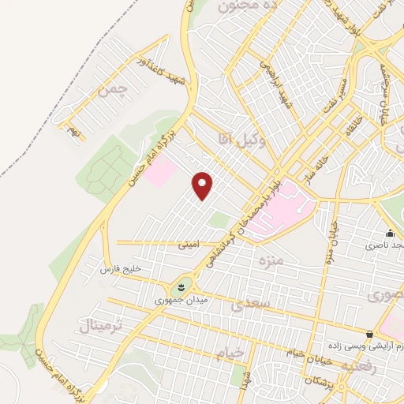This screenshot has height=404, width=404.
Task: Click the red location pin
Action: [x=204, y=185]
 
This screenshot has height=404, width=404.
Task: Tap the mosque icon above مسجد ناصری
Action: [x=390, y=233]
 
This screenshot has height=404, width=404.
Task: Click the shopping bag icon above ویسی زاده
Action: [x=370, y=334]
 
